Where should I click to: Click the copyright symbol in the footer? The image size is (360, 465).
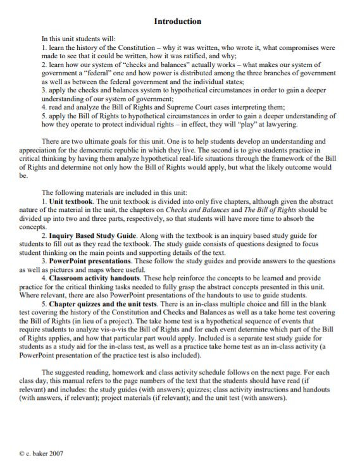click(22, 454)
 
